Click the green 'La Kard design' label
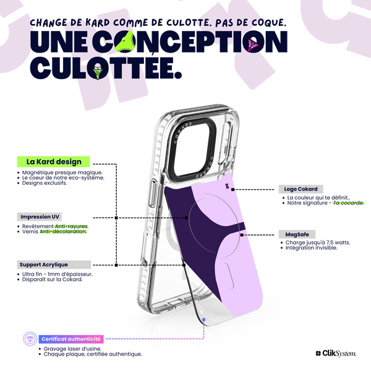(53, 161)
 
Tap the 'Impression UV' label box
(40, 217)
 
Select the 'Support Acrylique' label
(54, 265)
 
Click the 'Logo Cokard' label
(301, 189)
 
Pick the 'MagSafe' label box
(297, 234)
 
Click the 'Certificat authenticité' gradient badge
(71, 339)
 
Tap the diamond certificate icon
(30, 339)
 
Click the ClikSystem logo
(336, 354)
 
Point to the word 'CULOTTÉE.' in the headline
(106, 68)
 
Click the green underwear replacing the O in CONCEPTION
(125, 42)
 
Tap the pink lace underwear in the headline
(253, 44)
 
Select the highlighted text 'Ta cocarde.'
(348, 203)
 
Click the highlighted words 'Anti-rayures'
(71, 226)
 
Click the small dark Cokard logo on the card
(227, 186)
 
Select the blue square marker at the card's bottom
(203, 320)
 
